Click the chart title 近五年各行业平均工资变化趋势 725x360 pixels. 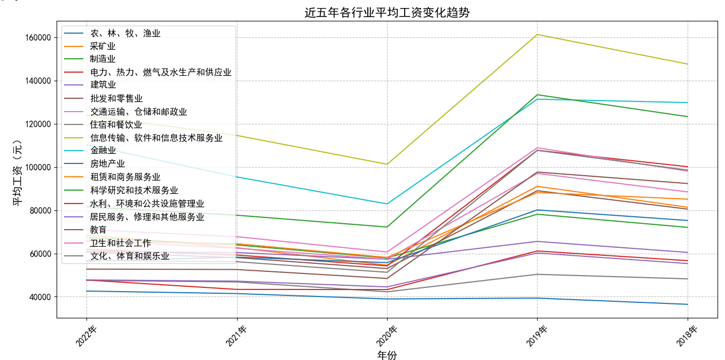[387, 12]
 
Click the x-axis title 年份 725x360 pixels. [387, 355]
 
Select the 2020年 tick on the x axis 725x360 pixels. [387, 336]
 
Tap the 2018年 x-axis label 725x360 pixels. [687, 336]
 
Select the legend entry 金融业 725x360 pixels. [103, 151]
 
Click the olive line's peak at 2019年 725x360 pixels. [537, 34]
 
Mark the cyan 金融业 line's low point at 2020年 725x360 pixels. [387, 204]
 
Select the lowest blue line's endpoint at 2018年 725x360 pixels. [687, 304]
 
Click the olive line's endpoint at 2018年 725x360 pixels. [687, 64]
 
